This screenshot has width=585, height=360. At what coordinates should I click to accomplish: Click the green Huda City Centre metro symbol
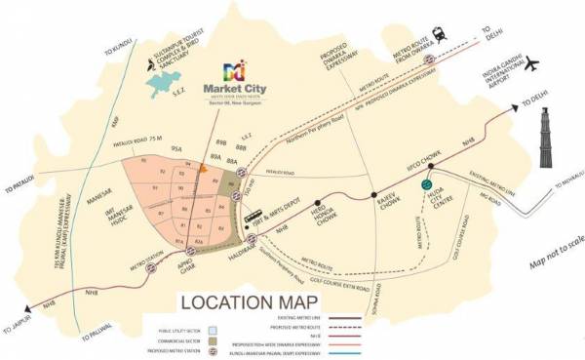425,183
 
